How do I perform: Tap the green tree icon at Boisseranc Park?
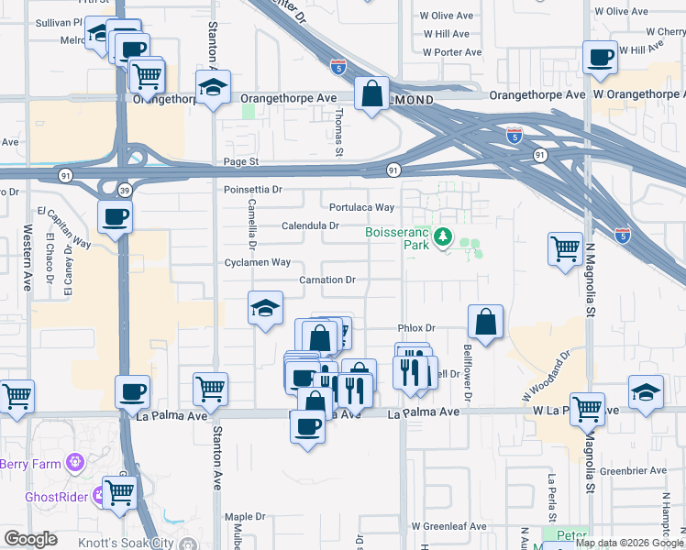tap(443, 238)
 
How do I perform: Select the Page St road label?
tap(242, 162)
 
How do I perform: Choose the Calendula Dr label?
tap(311, 225)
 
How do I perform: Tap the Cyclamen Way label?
tap(257, 262)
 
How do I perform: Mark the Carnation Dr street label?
tap(327, 280)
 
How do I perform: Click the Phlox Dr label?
tap(416, 327)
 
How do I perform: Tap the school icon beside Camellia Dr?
tap(264, 308)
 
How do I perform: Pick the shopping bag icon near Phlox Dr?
tap(485, 321)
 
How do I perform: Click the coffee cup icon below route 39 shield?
tap(116, 217)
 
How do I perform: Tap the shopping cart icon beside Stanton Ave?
tap(211, 389)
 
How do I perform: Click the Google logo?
tap(30, 539)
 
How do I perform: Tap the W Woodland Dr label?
tap(547, 374)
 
